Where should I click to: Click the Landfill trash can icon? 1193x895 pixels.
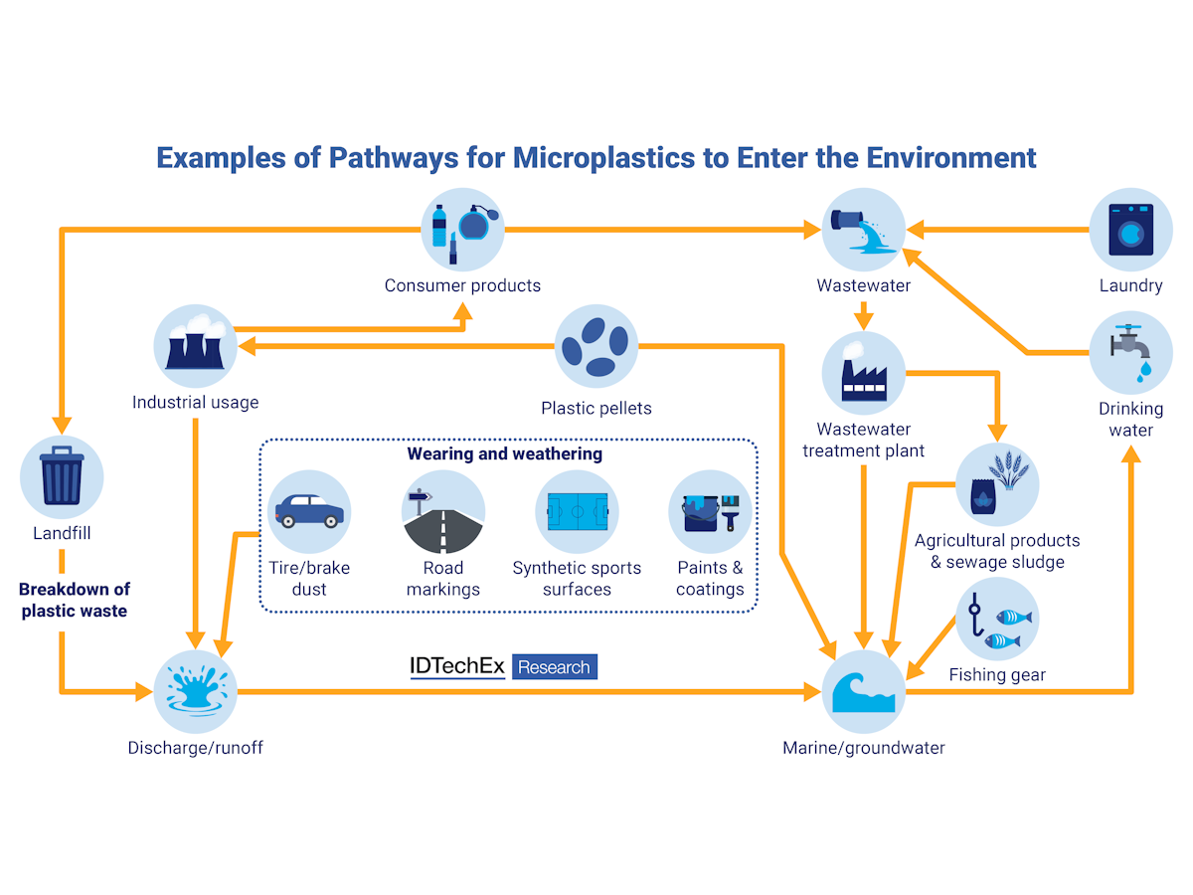[x=62, y=477]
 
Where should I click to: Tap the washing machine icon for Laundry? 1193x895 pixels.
[x=1130, y=230]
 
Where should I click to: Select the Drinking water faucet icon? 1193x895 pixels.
[x=1130, y=353]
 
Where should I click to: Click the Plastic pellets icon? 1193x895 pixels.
[x=596, y=346]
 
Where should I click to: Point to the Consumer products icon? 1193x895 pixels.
[x=462, y=230]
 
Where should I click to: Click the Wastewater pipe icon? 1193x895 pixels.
[x=863, y=230]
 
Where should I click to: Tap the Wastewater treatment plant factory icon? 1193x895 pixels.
[x=863, y=374]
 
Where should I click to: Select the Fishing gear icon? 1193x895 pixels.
[x=996, y=619]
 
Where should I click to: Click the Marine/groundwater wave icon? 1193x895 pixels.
[x=863, y=691]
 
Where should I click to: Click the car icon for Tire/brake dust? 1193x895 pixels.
[x=309, y=511]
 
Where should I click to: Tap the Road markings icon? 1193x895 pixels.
[x=442, y=511]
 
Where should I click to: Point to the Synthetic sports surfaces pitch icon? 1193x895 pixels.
[x=577, y=511]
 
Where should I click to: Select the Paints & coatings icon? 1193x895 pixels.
[x=710, y=511]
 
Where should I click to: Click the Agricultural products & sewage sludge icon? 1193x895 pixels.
[x=996, y=484]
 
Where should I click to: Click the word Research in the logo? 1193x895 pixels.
[x=554, y=667]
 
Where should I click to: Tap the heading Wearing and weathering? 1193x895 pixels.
[x=504, y=453]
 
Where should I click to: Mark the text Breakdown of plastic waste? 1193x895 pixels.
[x=74, y=600]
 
